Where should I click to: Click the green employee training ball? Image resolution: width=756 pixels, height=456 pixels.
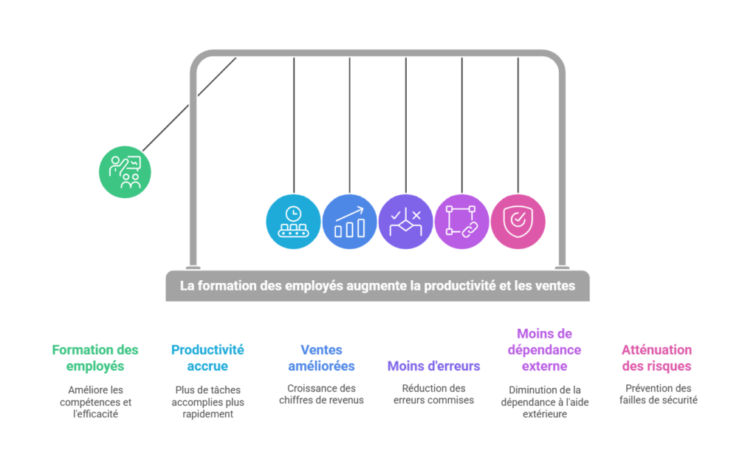click(125, 171)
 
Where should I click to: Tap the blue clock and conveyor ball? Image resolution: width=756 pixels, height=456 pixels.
click(293, 222)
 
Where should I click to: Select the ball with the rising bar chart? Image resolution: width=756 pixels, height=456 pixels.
click(349, 222)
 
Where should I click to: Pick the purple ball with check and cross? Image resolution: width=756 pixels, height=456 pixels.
click(405, 222)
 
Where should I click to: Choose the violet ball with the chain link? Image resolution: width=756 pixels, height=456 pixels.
click(462, 222)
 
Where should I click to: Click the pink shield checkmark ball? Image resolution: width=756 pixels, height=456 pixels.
click(518, 222)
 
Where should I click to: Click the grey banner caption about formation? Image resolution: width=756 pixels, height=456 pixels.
click(377, 285)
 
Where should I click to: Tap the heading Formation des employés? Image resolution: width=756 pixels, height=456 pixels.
click(95, 358)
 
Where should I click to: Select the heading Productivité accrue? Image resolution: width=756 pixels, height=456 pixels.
click(207, 358)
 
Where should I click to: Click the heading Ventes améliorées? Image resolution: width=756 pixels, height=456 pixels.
click(321, 358)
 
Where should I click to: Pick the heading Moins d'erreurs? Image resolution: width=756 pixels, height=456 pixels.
click(434, 366)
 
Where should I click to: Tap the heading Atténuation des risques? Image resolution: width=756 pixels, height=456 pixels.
click(656, 358)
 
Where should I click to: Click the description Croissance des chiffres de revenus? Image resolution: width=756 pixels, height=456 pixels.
click(321, 394)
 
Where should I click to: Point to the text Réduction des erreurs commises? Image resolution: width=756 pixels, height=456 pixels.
click(434, 394)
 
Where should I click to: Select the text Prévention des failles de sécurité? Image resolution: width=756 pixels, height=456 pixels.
click(656, 394)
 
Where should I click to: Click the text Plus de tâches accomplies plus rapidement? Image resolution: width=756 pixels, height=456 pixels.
click(207, 402)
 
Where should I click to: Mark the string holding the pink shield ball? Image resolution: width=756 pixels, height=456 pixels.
click(518, 126)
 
